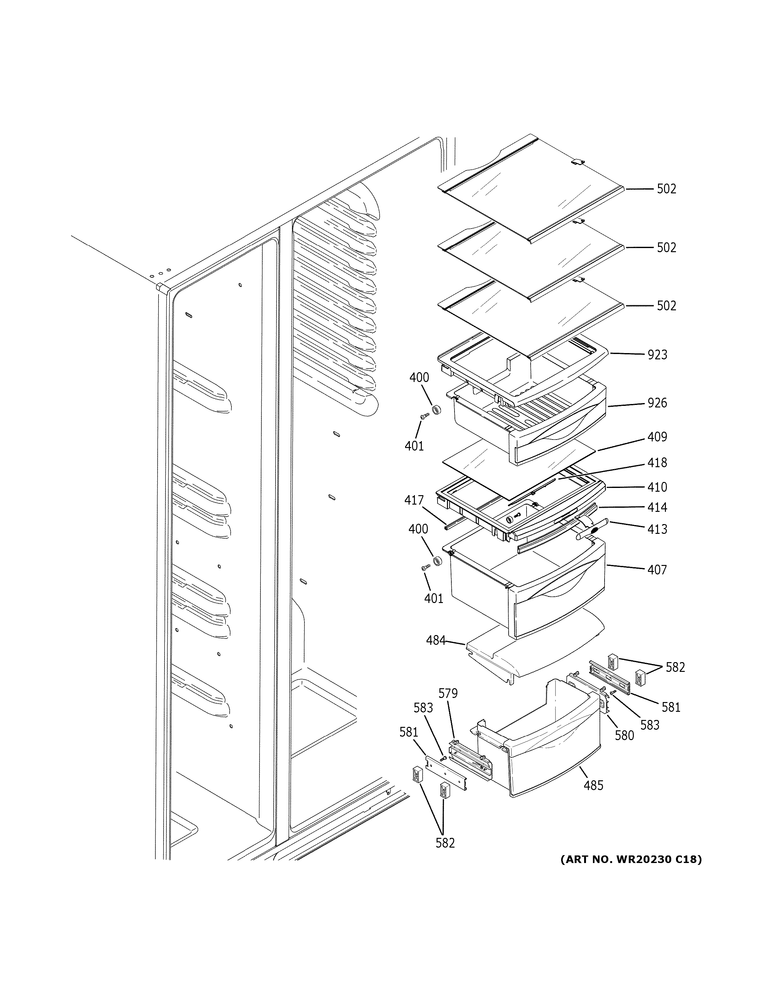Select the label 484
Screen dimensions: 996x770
436,641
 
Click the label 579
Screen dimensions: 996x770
448,694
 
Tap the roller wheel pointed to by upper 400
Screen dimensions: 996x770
437,410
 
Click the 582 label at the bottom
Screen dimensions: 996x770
445,843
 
